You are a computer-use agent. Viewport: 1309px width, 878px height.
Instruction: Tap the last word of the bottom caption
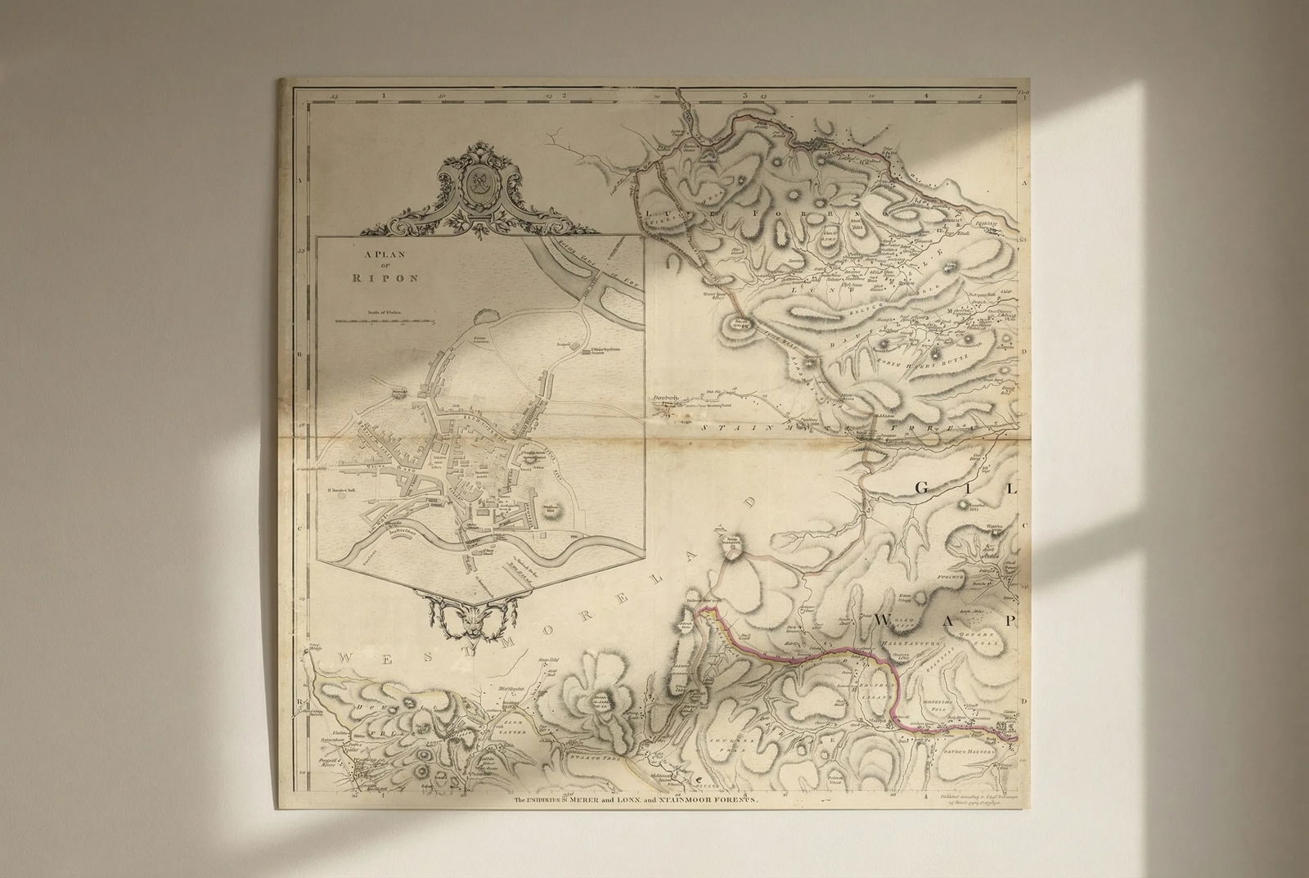723,803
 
